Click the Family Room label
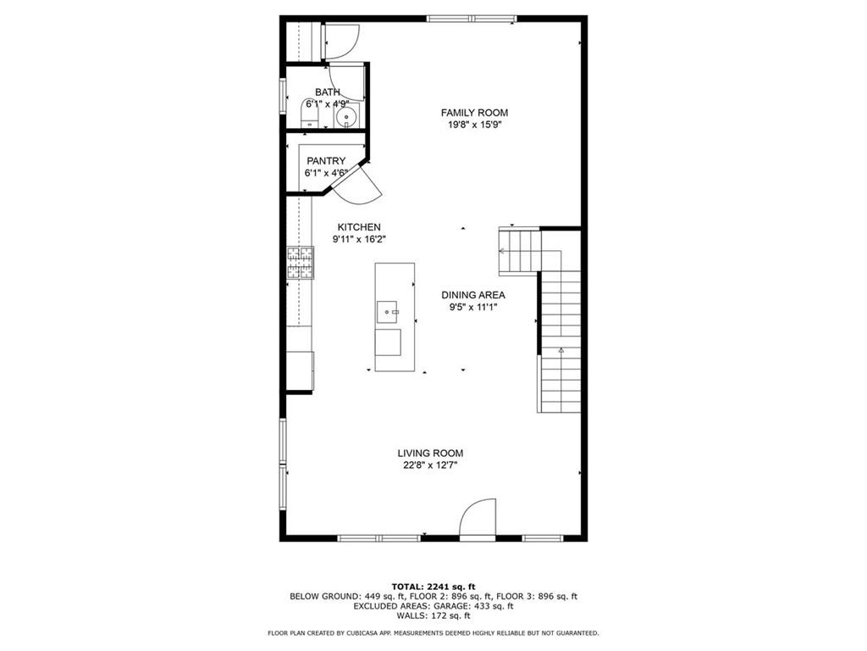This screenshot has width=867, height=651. pos(473,113)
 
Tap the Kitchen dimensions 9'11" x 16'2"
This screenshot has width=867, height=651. pos(359,240)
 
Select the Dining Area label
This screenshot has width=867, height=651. pos(473,295)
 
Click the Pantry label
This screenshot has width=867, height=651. pos(326,161)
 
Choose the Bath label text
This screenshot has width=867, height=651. pos(328,92)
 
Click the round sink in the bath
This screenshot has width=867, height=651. pos(347,116)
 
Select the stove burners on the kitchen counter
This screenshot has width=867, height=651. pos(300,263)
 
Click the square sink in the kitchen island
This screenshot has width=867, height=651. pos(389,312)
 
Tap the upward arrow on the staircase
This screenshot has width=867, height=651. pos(560,349)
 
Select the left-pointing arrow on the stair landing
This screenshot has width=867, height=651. pos(503,251)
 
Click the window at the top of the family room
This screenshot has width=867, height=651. pos(472,19)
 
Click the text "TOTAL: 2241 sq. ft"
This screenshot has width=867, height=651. pos(433,587)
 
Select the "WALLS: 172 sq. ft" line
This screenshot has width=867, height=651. pos(433,616)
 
